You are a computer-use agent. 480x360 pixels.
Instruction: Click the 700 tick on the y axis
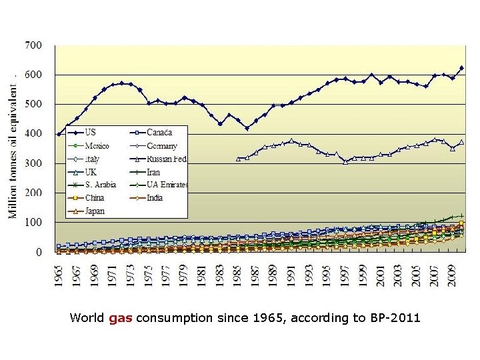[x=33, y=45]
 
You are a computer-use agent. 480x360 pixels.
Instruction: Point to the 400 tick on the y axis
[x=33, y=134]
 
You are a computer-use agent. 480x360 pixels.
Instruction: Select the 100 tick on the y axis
[x=33, y=223]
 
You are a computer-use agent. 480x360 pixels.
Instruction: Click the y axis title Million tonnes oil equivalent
[x=13, y=150]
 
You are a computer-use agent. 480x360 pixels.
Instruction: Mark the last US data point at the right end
[x=461, y=68]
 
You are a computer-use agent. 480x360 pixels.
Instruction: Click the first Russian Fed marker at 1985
[x=238, y=159]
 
